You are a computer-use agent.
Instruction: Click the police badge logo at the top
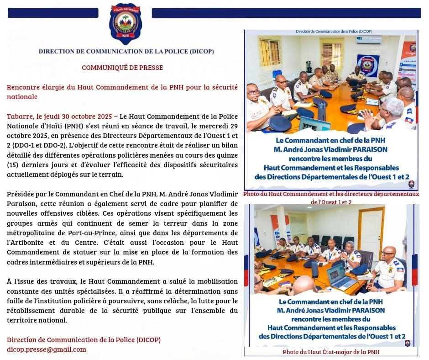coord(126,22)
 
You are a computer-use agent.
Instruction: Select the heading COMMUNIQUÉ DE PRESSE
coord(122,68)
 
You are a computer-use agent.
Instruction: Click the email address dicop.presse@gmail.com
coord(47,349)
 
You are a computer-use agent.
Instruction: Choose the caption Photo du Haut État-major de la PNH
coord(331,352)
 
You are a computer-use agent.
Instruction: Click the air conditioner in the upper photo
coord(369,40)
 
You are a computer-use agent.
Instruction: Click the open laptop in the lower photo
coord(340,276)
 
